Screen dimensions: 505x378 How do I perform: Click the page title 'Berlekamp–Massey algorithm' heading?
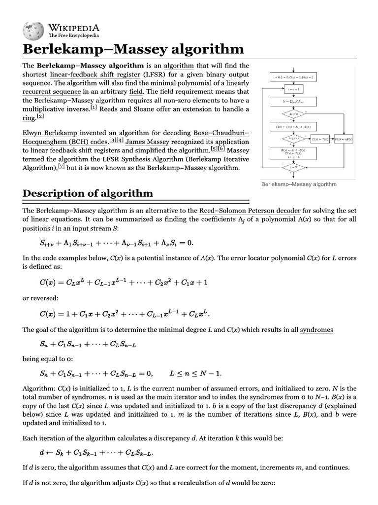coord(133,49)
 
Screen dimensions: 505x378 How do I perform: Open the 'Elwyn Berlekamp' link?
coord(51,133)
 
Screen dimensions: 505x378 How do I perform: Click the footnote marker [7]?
coord(61,166)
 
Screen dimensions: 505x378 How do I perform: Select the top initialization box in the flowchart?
coord(293,77)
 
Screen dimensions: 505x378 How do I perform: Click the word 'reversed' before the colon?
coord(44,297)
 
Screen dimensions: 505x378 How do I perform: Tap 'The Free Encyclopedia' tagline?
coord(73,36)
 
